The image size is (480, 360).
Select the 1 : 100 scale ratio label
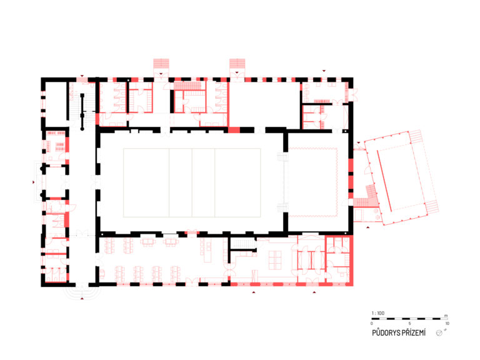pos(377,313)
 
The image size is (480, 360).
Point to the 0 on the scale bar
pos(372,323)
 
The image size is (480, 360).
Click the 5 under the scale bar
pos(409,323)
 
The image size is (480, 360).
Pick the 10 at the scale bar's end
pos(447,323)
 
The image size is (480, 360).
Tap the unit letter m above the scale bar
pos(446,316)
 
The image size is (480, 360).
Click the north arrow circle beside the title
pos(439,333)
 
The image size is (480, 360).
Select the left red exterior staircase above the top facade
pos(161,64)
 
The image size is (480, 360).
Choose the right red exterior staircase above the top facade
pos(237,64)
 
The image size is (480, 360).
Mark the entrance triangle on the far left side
pos(33,182)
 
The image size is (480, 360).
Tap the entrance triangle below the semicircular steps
pos(82,298)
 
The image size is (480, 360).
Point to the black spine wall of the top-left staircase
pos(82,112)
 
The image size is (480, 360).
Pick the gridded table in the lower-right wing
pos(275,260)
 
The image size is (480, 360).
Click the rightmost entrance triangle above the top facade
pos(324,71)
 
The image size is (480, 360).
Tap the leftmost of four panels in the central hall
pos(146,182)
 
